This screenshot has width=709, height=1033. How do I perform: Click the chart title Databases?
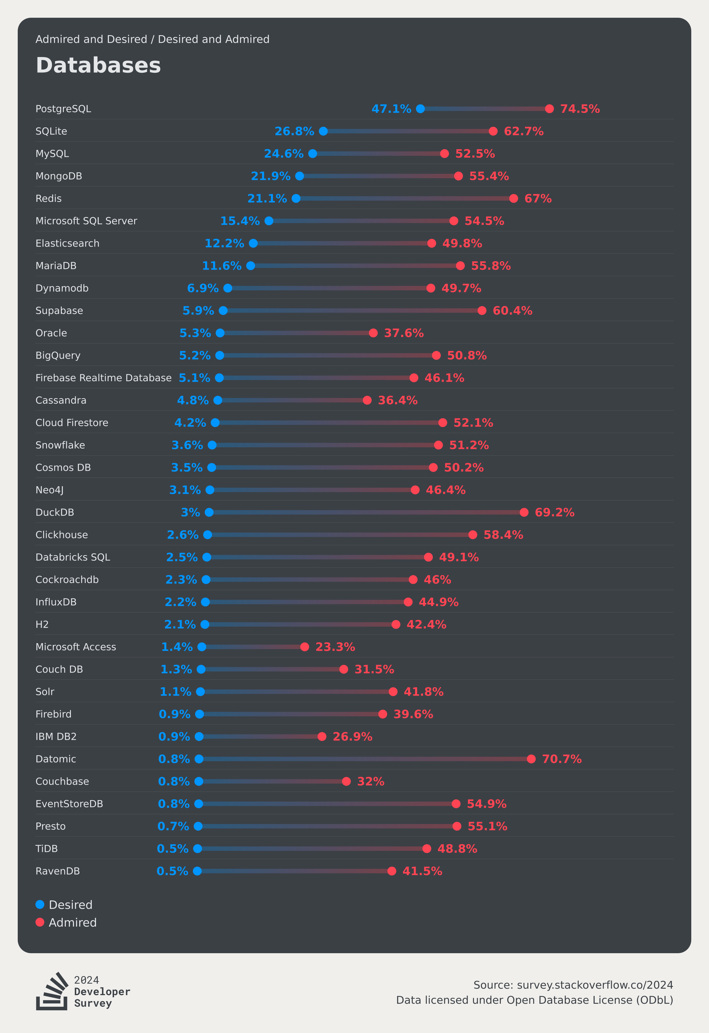[x=98, y=65]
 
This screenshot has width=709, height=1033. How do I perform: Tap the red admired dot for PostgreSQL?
[x=549, y=109]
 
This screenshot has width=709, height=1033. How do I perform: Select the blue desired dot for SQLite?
[x=323, y=131]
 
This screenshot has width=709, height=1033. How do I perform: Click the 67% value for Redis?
[x=538, y=199]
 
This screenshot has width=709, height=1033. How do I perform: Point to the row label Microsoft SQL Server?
[x=86, y=221]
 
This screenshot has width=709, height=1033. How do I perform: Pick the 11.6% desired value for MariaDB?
[x=222, y=266]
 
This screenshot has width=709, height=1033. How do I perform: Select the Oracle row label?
[x=51, y=333]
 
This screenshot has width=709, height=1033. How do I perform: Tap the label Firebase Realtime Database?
[x=103, y=378]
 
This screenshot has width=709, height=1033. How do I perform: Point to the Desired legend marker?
[x=40, y=904]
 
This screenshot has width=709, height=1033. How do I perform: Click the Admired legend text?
[x=72, y=922]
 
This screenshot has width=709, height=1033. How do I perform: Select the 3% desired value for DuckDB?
[x=190, y=513]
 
